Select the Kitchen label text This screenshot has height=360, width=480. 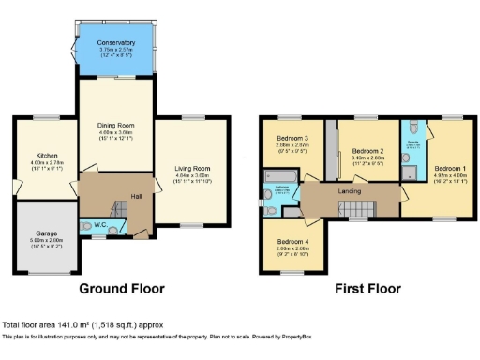click(x=47, y=155)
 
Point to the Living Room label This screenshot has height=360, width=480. click(x=192, y=169)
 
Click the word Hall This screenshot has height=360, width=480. click(x=136, y=196)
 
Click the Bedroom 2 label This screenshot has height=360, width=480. click(x=367, y=151)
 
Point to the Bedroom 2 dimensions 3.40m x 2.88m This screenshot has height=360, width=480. click(x=367, y=158)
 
